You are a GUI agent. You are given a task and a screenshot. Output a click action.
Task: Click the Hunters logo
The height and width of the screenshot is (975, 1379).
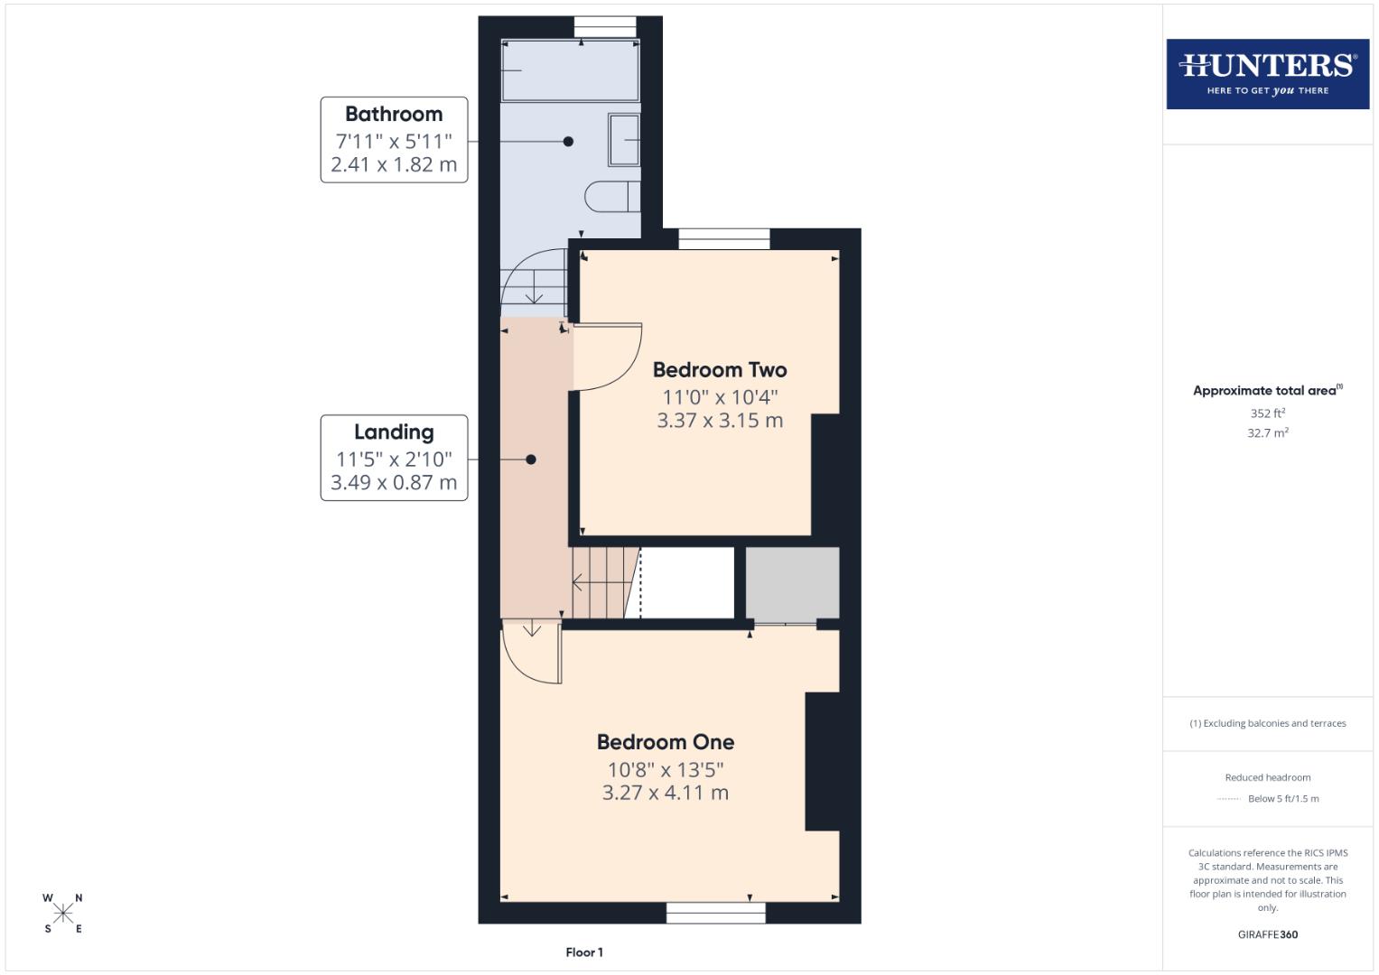click(x=1267, y=74)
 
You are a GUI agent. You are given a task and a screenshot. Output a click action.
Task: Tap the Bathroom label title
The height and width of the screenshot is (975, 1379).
click(x=394, y=115)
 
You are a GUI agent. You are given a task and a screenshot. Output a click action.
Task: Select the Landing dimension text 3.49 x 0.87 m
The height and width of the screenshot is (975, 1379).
click(x=394, y=483)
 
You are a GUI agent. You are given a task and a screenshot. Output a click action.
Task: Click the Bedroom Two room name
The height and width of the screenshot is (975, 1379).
click(x=720, y=370)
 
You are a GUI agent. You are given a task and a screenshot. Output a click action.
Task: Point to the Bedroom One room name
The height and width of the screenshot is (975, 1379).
click(x=666, y=742)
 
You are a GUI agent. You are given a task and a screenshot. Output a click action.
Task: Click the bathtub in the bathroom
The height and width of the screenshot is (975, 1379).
click(x=570, y=70)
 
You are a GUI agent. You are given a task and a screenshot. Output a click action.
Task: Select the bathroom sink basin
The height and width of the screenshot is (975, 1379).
click(x=623, y=140)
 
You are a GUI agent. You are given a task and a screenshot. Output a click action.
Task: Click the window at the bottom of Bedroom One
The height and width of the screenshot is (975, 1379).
click(x=715, y=913)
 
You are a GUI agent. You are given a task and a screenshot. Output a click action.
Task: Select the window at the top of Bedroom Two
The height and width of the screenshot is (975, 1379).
click(x=723, y=239)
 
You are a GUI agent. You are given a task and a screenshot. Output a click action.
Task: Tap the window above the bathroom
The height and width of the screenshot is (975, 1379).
click(x=605, y=27)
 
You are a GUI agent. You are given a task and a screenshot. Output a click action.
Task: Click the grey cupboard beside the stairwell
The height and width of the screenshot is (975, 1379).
click(x=792, y=582)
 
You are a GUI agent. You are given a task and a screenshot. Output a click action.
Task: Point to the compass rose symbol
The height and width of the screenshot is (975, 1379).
click(x=63, y=914)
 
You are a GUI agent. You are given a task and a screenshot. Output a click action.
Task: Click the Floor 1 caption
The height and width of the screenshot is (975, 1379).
click(x=584, y=952)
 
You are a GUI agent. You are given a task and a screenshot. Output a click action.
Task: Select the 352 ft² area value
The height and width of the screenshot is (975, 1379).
click(x=1267, y=413)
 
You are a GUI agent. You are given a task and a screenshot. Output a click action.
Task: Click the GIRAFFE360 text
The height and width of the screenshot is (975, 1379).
click(x=1267, y=934)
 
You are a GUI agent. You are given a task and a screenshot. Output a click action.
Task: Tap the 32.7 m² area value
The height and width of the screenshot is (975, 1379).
click(x=1267, y=433)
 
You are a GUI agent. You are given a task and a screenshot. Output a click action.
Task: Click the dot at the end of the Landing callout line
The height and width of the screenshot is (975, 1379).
click(x=531, y=460)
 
